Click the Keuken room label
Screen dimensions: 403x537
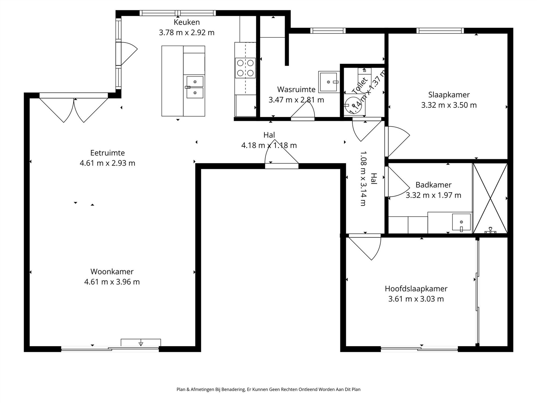click(x=187, y=22)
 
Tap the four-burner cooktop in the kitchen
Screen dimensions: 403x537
click(x=245, y=68)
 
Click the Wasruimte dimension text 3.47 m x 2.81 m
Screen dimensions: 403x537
click(x=296, y=100)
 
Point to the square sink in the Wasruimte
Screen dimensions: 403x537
click(x=328, y=82)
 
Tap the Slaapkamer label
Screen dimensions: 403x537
click(x=449, y=95)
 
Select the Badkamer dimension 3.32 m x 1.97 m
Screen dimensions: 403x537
click(x=433, y=195)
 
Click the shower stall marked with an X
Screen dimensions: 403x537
click(x=490, y=198)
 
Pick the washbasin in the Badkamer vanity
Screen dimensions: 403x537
click(x=461, y=222)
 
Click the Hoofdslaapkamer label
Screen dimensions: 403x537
click(x=416, y=289)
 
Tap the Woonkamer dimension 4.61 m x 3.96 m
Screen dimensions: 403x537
click(x=112, y=282)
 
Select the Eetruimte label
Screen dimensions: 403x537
click(x=107, y=153)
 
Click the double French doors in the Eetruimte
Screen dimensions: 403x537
click(x=74, y=109)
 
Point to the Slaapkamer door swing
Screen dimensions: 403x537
click(x=397, y=141)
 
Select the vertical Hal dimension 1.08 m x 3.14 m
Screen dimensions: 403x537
click(x=363, y=178)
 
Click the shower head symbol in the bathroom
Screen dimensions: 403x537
click(x=490, y=231)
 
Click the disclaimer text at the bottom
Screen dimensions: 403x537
click(x=268, y=389)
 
